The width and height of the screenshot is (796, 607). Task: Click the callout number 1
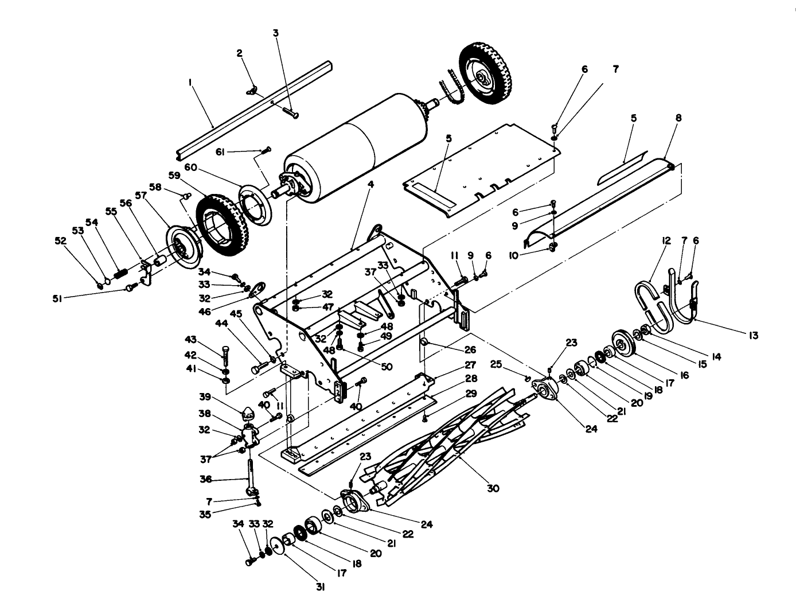[189, 83]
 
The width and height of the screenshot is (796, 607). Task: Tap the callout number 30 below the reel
[493, 488]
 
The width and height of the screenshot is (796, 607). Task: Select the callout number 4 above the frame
[371, 184]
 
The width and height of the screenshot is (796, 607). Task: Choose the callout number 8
[678, 118]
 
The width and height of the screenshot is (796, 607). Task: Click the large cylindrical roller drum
[356, 149]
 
